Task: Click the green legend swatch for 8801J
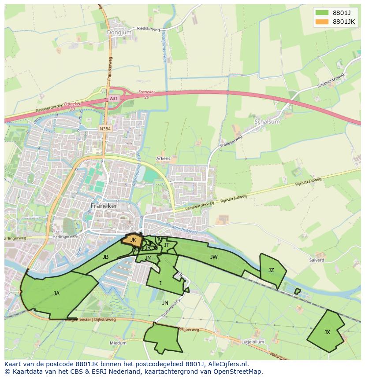point(322,13)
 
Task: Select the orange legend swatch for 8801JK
point(322,22)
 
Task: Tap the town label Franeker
point(104,206)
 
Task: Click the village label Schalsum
point(267,121)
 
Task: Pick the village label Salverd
point(317,260)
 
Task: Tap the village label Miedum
point(118,342)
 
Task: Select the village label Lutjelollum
point(253,342)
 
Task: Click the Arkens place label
point(163,158)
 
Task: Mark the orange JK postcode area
point(133,240)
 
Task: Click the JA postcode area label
point(56,293)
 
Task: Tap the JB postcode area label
point(105,257)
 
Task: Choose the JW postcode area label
point(214,257)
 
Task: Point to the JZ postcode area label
point(271,270)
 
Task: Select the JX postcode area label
point(327,332)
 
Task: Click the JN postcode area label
point(165,302)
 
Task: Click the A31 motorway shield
point(114,99)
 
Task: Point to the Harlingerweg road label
point(16,238)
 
